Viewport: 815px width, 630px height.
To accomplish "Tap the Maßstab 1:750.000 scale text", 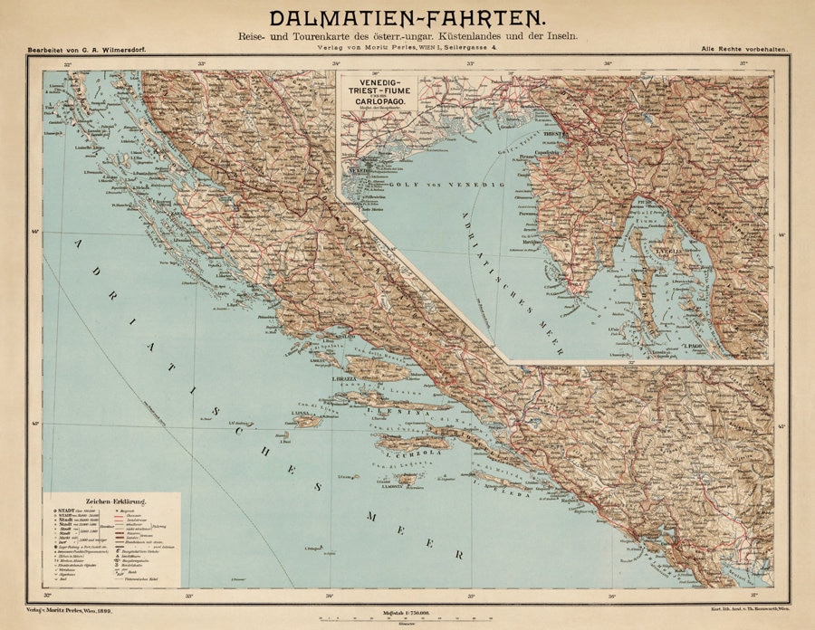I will pos(409,613).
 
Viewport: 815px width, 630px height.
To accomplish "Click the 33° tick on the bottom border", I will pos(189,595).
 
